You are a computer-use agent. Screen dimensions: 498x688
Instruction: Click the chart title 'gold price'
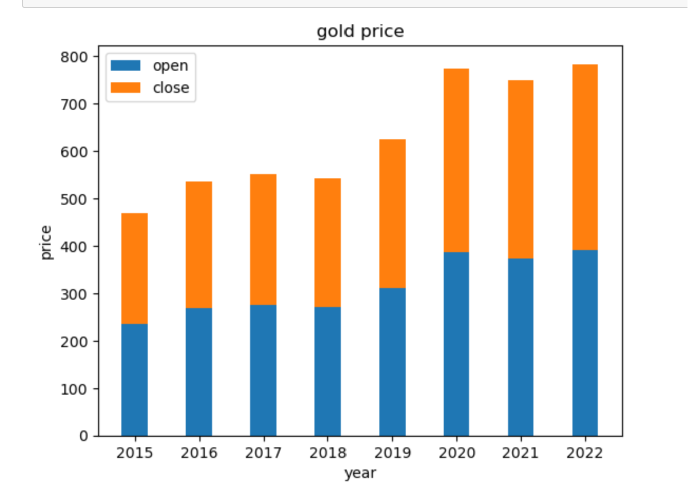[360, 32]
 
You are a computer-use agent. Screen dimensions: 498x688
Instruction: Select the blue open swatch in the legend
[126, 65]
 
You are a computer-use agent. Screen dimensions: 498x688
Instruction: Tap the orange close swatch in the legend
[126, 88]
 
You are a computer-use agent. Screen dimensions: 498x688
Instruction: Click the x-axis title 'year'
[360, 473]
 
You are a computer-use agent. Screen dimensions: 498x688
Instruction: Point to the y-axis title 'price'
[46, 242]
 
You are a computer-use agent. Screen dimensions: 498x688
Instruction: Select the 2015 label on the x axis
[135, 453]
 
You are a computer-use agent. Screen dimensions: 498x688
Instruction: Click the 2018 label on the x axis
[328, 453]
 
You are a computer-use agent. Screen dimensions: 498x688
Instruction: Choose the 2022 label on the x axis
[585, 453]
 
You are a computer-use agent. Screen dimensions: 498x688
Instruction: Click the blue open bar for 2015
[135, 380]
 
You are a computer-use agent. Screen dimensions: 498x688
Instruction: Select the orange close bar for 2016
[199, 245]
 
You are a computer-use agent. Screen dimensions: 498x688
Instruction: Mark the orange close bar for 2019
[392, 214]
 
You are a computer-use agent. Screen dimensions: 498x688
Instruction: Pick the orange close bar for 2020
[456, 160]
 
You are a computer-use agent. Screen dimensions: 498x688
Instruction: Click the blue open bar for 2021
[521, 347]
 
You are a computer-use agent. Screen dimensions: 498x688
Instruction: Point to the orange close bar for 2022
[585, 157]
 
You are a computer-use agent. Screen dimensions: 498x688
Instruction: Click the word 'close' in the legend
[171, 88]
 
